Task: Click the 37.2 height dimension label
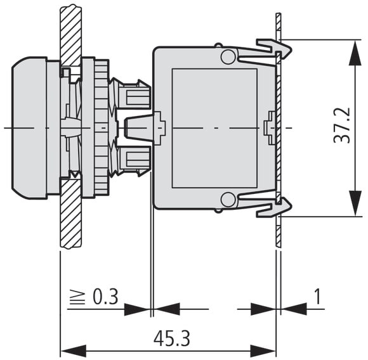click(342, 125)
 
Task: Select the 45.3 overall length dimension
click(172, 338)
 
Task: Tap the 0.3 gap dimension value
click(105, 297)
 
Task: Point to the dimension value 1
click(317, 296)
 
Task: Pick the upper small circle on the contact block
click(228, 56)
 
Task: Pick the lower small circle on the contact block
click(228, 200)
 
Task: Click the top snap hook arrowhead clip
click(273, 49)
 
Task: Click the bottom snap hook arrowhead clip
click(273, 207)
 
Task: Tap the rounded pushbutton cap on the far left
click(29, 128)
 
